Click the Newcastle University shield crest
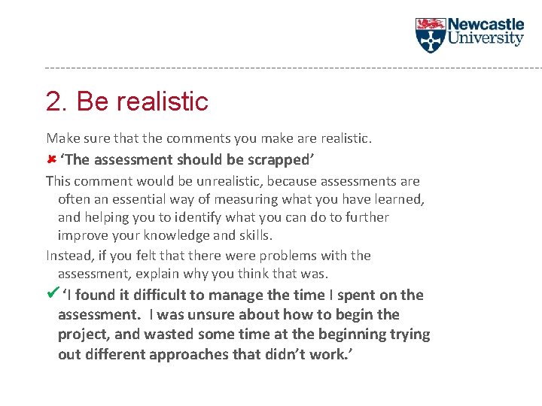pos(430,35)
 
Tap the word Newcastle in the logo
pos(486,25)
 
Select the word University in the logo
pos(486,38)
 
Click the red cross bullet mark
pos(50,159)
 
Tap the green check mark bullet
pos(52,294)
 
